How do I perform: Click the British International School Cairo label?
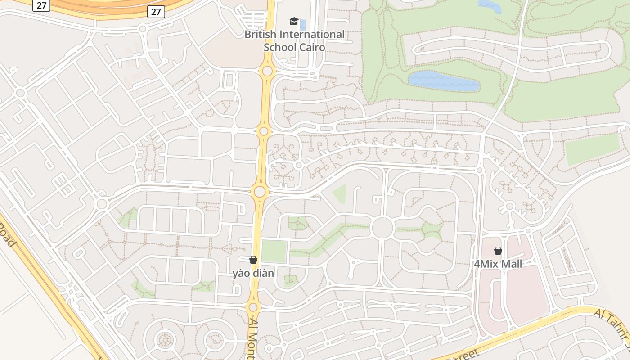tap(294, 40)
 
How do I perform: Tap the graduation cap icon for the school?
tap(294, 21)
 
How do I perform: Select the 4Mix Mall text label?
tap(498, 264)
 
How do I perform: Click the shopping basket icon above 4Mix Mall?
tap(498, 251)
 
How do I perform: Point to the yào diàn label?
tap(253, 273)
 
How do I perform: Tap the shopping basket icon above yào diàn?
tap(253, 260)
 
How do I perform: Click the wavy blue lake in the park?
tap(444, 81)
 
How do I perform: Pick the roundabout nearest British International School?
tap(267, 71)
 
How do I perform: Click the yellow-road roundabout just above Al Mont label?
tap(253, 307)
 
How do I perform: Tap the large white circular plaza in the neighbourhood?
tap(383, 228)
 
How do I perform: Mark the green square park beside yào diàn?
tap(274, 251)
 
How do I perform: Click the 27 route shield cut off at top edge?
tap(41, 4)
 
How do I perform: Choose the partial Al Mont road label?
tap(252, 340)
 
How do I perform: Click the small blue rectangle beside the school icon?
tap(303, 24)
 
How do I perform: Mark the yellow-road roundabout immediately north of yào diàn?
tap(260, 192)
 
